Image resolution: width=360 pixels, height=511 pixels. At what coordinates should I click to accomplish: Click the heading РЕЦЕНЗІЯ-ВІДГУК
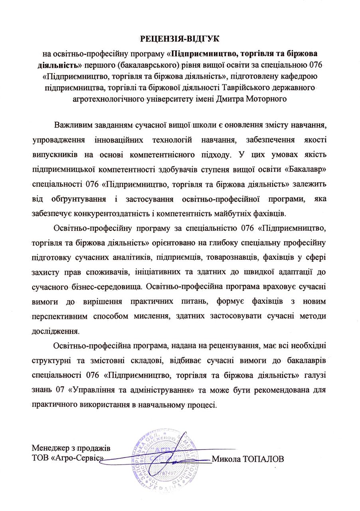point(180,39)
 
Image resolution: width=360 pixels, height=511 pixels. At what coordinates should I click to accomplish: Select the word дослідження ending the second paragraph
point(53,331)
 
